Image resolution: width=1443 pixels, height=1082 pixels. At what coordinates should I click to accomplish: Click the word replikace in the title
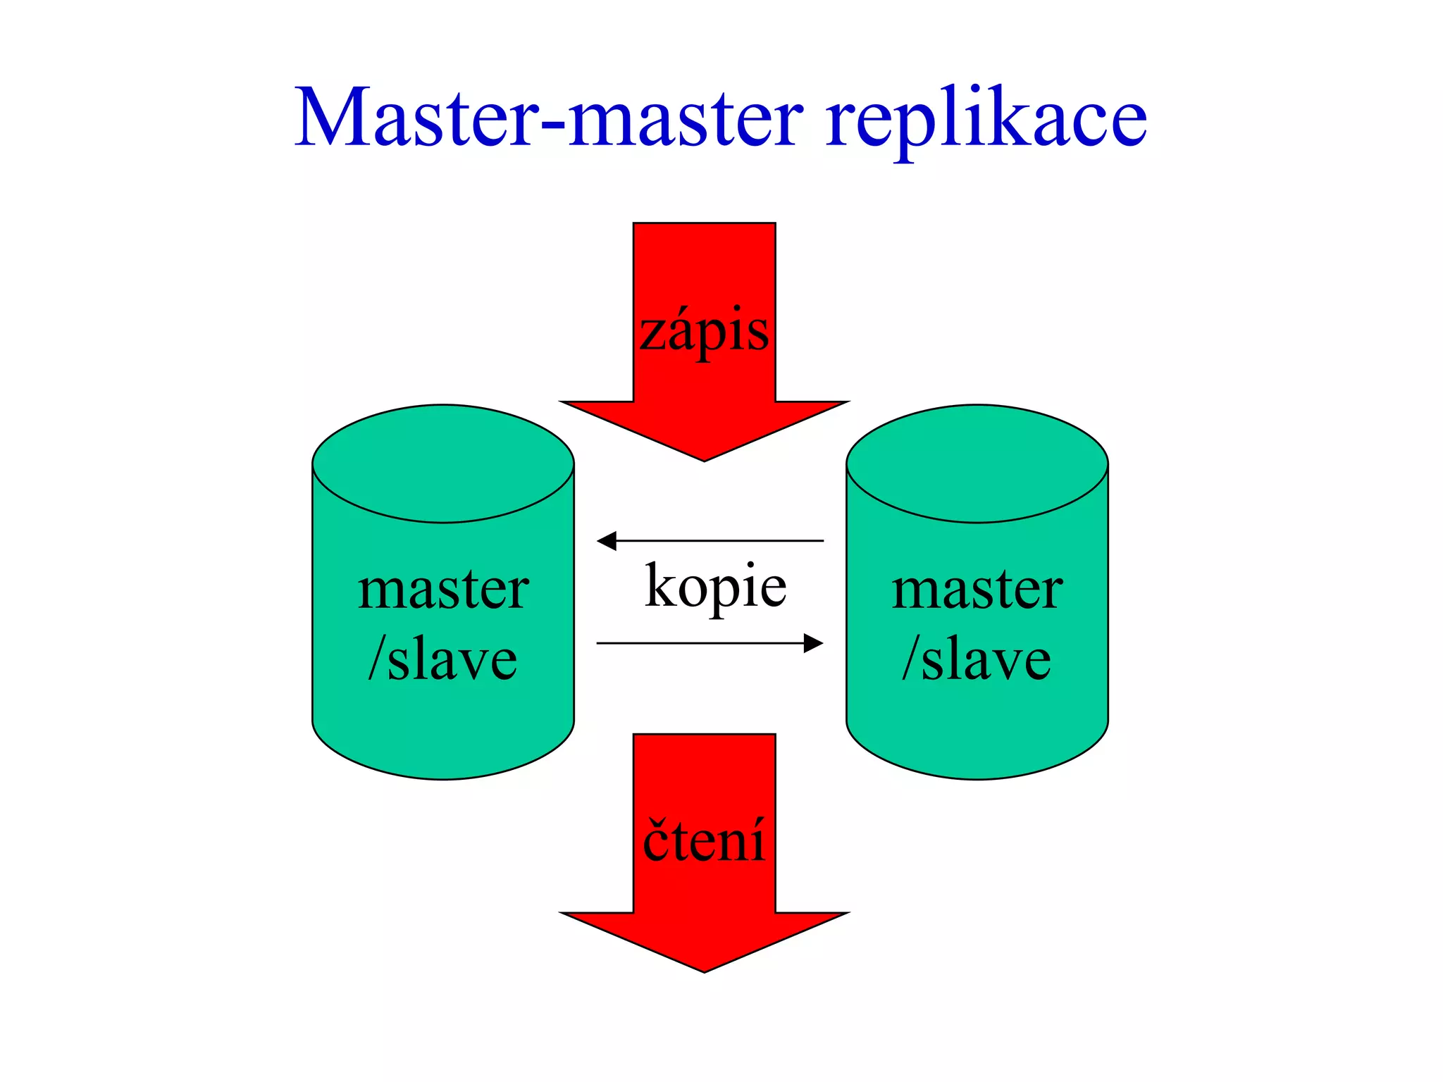986,120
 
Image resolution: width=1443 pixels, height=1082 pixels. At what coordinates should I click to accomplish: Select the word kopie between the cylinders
715,587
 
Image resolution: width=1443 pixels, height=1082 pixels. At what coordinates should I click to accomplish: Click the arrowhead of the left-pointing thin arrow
606,541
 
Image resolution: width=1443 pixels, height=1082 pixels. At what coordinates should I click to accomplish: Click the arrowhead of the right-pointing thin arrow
814,643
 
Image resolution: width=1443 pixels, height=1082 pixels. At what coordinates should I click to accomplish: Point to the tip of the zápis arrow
704,458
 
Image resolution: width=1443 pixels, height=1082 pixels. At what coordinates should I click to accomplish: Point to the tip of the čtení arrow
704,969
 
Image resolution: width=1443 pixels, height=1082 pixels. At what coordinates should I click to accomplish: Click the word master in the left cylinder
443,590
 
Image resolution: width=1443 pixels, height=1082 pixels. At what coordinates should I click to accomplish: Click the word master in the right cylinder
977,590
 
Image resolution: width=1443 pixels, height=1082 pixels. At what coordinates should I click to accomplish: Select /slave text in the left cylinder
443,659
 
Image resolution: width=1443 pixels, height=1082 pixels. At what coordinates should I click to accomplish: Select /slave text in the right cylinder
977,659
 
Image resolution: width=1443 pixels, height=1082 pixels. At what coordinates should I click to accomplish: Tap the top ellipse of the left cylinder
443,463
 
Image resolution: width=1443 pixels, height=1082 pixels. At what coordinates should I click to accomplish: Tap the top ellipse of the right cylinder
977,463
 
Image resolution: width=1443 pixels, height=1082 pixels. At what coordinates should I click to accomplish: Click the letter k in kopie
661,585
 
